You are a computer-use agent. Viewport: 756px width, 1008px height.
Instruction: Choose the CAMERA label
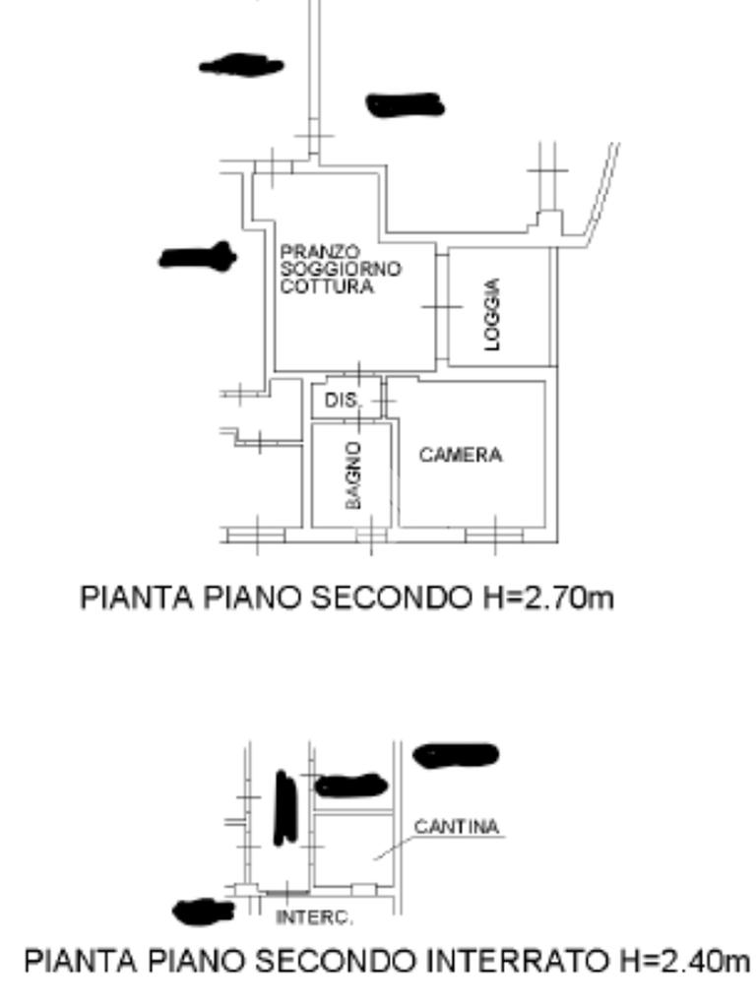click(x=461, y=456)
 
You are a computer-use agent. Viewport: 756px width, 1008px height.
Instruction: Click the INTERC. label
click(x=315, y=919)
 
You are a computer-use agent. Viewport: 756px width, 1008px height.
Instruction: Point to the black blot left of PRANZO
click(x=198, y=258)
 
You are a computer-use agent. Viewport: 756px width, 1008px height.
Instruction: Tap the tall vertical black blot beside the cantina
click(x=284, y=808)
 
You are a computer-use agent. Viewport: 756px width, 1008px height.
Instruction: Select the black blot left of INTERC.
click(x=202, y=913)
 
